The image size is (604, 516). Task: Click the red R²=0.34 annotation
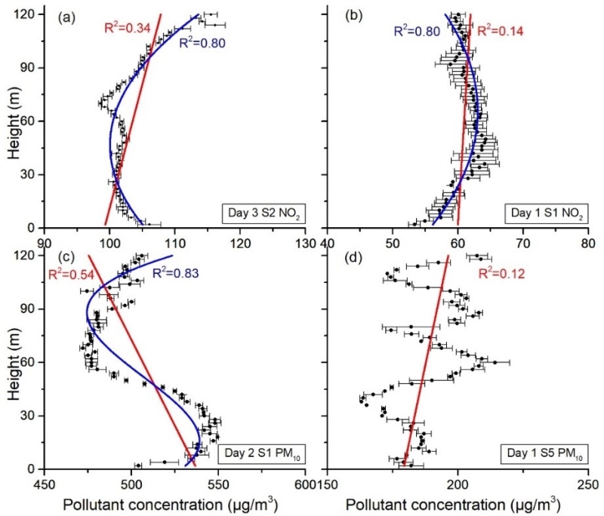pos(127,29)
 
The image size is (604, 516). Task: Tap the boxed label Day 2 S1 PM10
pos(258,454)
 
